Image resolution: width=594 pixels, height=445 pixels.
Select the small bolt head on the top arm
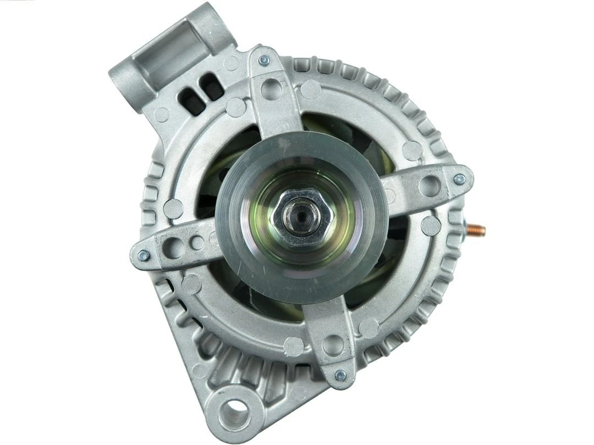pyautogui.click(x=265, y=60)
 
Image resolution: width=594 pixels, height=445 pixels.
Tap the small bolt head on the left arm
pyautogui.click(x=144, y=255)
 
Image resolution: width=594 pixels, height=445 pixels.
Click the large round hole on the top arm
pyautogui.click(x=271, y=88)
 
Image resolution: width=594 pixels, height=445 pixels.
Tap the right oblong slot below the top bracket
pyautogui.click(x=212, y=85)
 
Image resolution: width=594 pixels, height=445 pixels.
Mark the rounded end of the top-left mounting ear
pyautogui.click(x=124, y=82)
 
